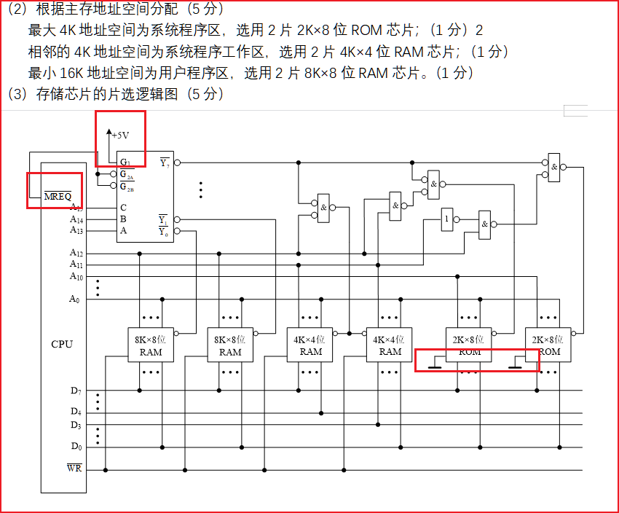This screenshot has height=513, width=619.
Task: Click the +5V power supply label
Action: [121, 135]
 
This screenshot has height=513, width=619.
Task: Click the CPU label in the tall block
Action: [62, 344]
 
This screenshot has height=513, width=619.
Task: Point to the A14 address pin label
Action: [76, 219]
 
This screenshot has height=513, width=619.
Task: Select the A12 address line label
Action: [76, 253]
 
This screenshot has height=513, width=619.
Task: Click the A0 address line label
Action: [75, 299]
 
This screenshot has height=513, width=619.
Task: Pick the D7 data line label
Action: [76, 391]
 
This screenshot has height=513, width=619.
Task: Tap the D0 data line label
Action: [76, 447]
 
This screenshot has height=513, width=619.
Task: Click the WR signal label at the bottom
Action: [74, 468]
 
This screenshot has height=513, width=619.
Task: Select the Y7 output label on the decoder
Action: [165, 162]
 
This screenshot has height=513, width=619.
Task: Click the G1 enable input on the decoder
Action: [125, 162]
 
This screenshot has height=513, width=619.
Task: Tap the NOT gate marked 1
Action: [446, 219]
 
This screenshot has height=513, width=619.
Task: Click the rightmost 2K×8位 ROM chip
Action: [550, 345]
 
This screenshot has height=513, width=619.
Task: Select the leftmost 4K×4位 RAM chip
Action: [310, 345]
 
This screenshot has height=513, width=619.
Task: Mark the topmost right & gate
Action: [555, 167]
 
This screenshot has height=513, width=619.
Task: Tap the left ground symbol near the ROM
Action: [435, 366]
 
